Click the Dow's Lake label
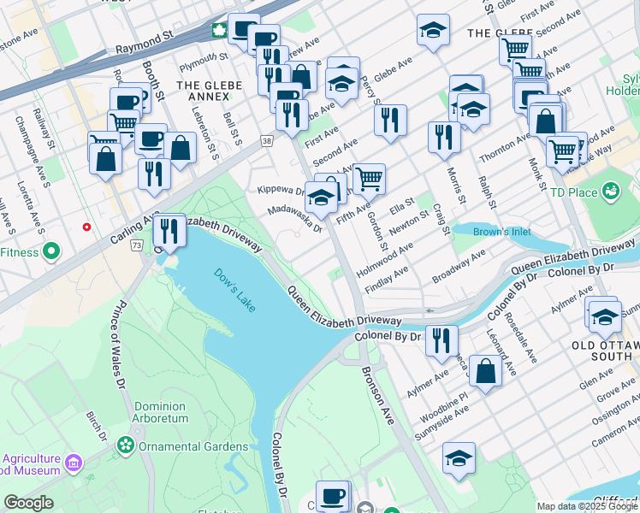click(x=234, y=290)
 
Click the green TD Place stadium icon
click(x=611, y=190)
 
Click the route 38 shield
click(x=268, y=139)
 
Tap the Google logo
click(x=28, y=502)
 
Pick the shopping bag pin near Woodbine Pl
click(x=485, y=372)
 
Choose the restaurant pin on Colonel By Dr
click(x=441, y=339)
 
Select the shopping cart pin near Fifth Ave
click(x=369, y=179)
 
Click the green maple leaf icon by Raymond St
click(x=219, y=32)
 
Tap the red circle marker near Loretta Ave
click(x=86, y=227)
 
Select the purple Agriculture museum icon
click(x=74, y=463)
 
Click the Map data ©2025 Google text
click(x=586, y=506)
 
